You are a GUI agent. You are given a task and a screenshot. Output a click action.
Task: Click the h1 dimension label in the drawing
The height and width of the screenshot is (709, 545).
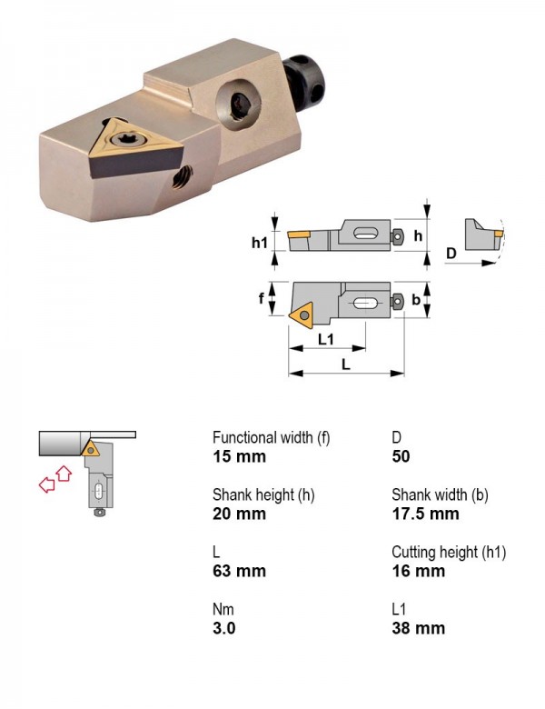[x=260, y=243]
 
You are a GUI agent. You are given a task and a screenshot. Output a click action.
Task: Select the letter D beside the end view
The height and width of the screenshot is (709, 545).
[x=451, y=254]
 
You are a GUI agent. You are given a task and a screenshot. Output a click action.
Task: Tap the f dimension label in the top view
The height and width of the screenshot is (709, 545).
[x=261, y=298]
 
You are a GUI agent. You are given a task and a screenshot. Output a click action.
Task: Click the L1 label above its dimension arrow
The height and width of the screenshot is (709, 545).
[x=326, y=339]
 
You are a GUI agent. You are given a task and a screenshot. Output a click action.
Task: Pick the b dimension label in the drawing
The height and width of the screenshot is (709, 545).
[x=416, y=299]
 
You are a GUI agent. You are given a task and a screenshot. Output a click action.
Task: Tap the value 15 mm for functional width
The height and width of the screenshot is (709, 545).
[x=239, y=456]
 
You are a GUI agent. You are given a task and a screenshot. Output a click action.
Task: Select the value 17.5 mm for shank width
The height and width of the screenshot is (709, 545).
[x=425, y=514]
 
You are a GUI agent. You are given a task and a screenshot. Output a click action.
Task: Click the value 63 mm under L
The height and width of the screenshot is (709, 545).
[x=239, y=571]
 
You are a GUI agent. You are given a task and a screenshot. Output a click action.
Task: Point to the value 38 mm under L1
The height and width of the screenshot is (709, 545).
[x=419, y=628]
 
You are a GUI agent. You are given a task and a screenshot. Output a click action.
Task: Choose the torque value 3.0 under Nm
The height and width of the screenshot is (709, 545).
[x=224, y=628]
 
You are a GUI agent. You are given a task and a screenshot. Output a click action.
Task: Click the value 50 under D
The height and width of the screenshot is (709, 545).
[x=401, y=456]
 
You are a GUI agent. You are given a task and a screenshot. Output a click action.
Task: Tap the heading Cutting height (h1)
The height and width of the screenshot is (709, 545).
[x=449, y=552]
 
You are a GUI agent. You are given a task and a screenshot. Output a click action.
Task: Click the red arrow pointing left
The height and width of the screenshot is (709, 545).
[x=46, y=484]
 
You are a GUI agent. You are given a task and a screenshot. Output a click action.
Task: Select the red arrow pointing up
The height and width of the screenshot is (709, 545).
[x=64, y=474]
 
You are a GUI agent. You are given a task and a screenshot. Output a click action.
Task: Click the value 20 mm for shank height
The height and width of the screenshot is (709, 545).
[x=239, y=514]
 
